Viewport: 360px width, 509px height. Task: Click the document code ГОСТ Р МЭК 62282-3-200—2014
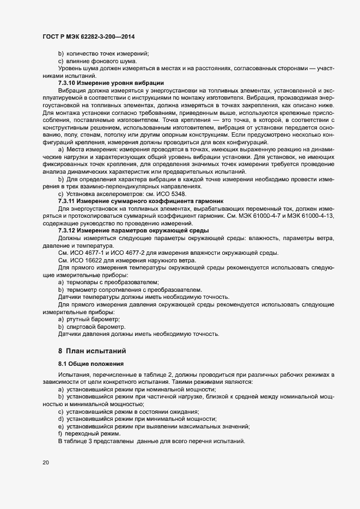click(88, 36)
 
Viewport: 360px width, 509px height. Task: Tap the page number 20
click(45, 463)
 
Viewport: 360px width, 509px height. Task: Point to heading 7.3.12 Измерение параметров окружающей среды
click(123, 230)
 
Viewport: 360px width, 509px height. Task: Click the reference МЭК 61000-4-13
click(313, 216)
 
